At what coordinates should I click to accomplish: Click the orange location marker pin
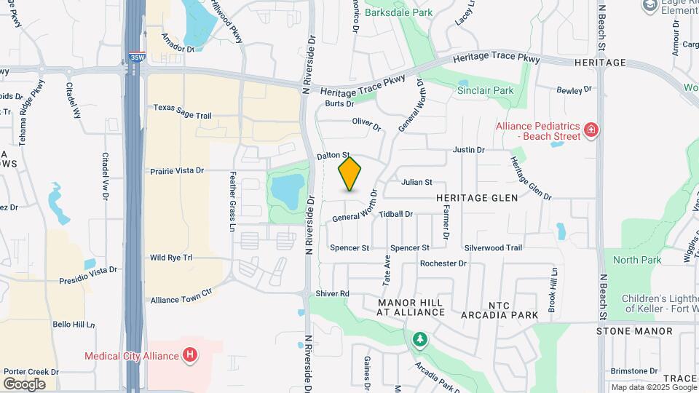[x=349, y=174]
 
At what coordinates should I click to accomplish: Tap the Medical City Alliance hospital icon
[x=190, y=355]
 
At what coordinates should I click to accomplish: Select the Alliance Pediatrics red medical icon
[x=592, y=131]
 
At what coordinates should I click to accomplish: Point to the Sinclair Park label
[x=485, y=91]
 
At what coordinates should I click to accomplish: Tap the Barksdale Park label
[x=398, y=12]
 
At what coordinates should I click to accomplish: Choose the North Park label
[x=637, y=260]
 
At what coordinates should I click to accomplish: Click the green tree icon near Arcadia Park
[x=420, y=338]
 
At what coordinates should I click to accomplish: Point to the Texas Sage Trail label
[x=182, y=107]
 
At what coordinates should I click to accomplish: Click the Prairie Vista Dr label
[x=176, y=170]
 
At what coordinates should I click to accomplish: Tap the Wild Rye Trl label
[x=170, y=258]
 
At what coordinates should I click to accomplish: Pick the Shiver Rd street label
[x=333, y=293]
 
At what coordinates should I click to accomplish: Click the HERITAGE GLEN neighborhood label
[x=477, y=197]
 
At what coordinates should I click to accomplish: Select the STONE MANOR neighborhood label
[x=634, y=331]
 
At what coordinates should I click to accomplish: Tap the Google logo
[x=24, y=384]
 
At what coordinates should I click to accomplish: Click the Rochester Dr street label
[x=443, y=263]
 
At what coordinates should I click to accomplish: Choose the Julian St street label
[x=417, y=182]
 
